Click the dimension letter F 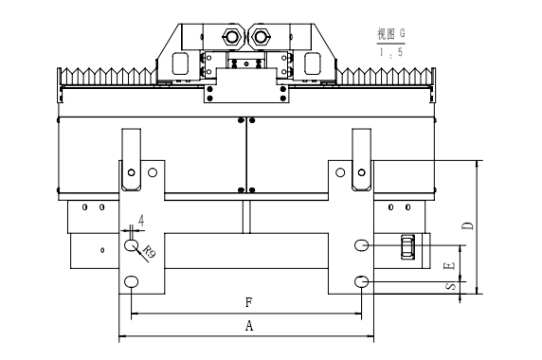click(x=249, y=302)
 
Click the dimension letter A click(x=249, y=326)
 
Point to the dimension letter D click(x=468, y=226)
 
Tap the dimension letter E click(x=449, y=265)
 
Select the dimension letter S click(x=451, y=286)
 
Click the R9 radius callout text click(x=149, y=251)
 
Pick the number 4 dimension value click(x=141, y=220)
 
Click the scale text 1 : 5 click(x=391, y=52)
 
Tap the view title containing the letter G click(x=391, y=33)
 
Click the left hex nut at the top click(x=232, y=36)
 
